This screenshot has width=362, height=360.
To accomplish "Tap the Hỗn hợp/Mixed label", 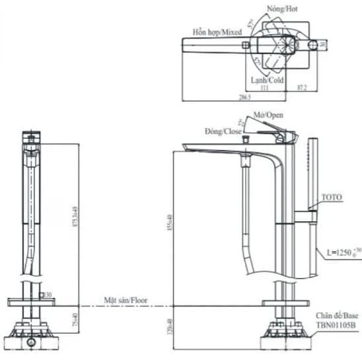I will pyautogui.click(x=217, y=31).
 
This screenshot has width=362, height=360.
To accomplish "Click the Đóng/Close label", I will pyautogui.click(x=223, y=131).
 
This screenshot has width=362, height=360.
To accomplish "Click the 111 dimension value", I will pyautogui.click(x=264, y=88).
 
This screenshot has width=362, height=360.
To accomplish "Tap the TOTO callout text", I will pyautogui.click(x=332, y=198).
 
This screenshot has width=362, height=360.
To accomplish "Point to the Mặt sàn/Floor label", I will pyautogui.click(x=126, y=300).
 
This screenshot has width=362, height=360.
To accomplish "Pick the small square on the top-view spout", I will pyautogui.click(x=246, y=45).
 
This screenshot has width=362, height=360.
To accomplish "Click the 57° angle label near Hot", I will pyautogui.click(x=252, y=24).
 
